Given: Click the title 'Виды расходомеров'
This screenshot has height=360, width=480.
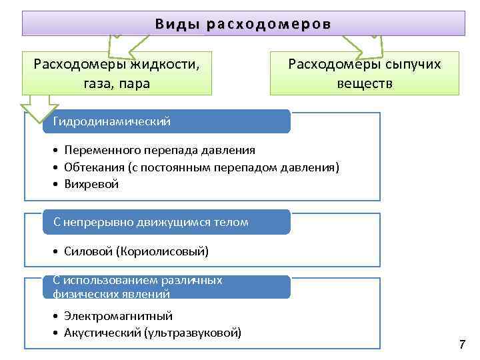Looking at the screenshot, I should [x=243, y=23].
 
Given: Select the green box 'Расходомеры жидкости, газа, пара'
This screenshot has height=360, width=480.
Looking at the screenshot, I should [x=117, y=73].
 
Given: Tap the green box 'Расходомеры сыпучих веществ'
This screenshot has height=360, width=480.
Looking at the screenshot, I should [x=364, y=73].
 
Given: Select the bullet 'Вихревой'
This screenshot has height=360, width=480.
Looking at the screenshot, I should [x=91, y=184].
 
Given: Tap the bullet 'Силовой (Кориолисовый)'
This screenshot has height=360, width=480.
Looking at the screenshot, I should [x=137, y=251].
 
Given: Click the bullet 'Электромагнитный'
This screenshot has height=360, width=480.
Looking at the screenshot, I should [x=118, y=316].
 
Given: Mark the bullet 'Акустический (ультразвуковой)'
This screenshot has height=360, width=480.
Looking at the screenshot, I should [x=153, y=332].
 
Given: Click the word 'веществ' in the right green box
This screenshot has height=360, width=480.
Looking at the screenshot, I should [x=364, y=84].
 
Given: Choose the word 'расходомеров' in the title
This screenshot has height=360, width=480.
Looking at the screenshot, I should [x=269, y=23].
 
